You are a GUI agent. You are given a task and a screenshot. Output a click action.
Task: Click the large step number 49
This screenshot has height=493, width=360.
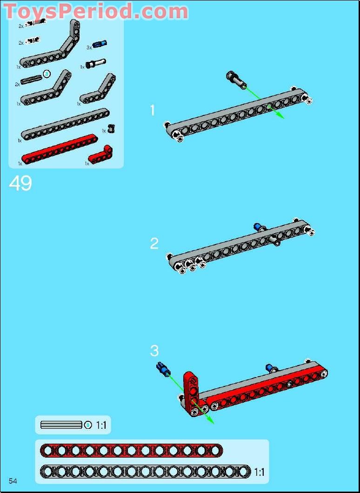20,183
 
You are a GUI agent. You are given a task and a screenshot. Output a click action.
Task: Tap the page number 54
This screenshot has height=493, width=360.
13,481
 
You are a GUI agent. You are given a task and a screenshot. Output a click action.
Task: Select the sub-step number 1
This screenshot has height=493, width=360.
153,110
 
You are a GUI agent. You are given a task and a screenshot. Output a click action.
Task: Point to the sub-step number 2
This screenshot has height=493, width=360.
154,243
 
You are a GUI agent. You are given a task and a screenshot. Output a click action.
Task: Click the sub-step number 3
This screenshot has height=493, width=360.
154,351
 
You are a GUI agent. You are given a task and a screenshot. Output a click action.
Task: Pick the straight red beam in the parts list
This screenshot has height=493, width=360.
60,149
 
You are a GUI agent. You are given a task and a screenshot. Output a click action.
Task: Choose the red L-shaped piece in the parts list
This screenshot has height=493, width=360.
100,154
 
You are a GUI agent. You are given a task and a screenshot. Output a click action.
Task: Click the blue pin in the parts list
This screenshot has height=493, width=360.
100,44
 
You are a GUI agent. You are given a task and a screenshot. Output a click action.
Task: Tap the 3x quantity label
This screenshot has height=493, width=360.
89,48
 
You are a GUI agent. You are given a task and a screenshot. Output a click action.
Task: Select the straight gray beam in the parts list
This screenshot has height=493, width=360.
65,124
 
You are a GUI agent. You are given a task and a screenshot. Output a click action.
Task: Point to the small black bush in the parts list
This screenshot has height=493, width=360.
111,128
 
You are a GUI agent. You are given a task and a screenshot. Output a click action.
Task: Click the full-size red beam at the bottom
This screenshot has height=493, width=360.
131,451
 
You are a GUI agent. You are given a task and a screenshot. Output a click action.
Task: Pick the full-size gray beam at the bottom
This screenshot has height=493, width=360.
146,472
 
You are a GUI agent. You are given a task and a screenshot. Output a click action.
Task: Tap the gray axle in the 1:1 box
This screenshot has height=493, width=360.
61,425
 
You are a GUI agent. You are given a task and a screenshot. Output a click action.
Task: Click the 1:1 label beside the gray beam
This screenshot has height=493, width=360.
260,472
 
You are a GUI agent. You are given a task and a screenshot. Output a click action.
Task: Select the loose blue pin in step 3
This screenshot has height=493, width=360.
163,369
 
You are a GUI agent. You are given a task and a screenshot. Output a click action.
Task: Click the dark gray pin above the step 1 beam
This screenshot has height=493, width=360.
236,80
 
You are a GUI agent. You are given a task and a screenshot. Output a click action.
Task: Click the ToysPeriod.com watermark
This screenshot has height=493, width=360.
96,11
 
